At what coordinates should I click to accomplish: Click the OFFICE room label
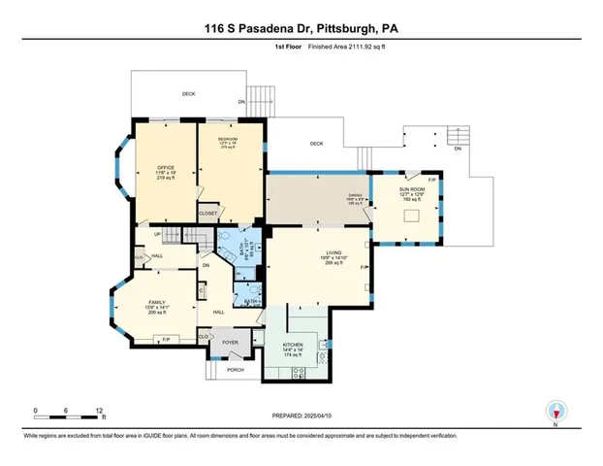[165, 167]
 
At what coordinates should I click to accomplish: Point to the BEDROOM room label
[229, 141]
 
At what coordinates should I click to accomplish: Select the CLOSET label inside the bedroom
[207, 213]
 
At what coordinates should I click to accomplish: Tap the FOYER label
[231, 343]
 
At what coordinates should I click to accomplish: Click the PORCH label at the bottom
[235, 370]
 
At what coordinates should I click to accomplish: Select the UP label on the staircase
[157, 234]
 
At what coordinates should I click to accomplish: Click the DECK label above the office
[189, 94]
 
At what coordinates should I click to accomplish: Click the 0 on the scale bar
[36, 411]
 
